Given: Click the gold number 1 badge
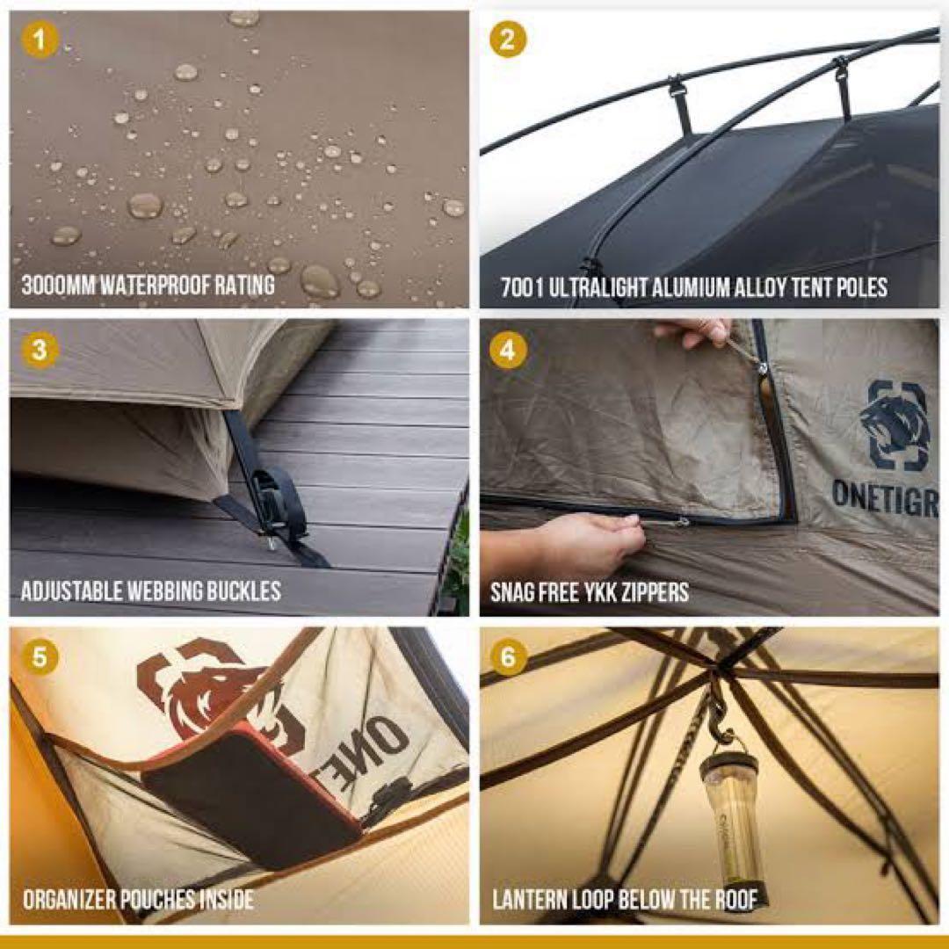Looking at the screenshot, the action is (x=40, y=40).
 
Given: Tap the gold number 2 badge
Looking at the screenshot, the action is (x=508, y=40).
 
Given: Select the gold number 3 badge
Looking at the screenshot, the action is (x=40, y=350).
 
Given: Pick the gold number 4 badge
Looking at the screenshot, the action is (x=508, y=350).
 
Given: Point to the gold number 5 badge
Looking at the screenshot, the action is (x=40, y=656).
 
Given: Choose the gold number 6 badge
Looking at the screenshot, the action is (x=508, y=656).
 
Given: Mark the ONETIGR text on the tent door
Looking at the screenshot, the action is (x=885, y=499).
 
